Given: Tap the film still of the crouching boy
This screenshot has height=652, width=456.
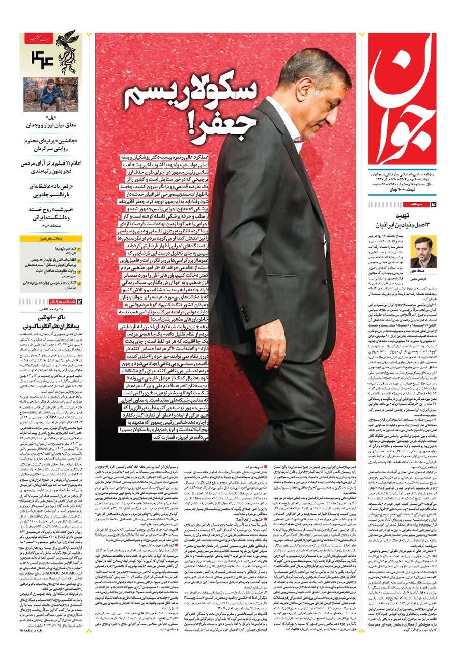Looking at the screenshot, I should pos(50,95).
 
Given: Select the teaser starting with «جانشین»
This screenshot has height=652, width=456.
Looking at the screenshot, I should pos(51,144).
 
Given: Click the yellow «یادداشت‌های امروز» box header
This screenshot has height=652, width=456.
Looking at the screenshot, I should pos(50,238).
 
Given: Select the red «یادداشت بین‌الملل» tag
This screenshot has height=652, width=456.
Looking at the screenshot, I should pos(50,302).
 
